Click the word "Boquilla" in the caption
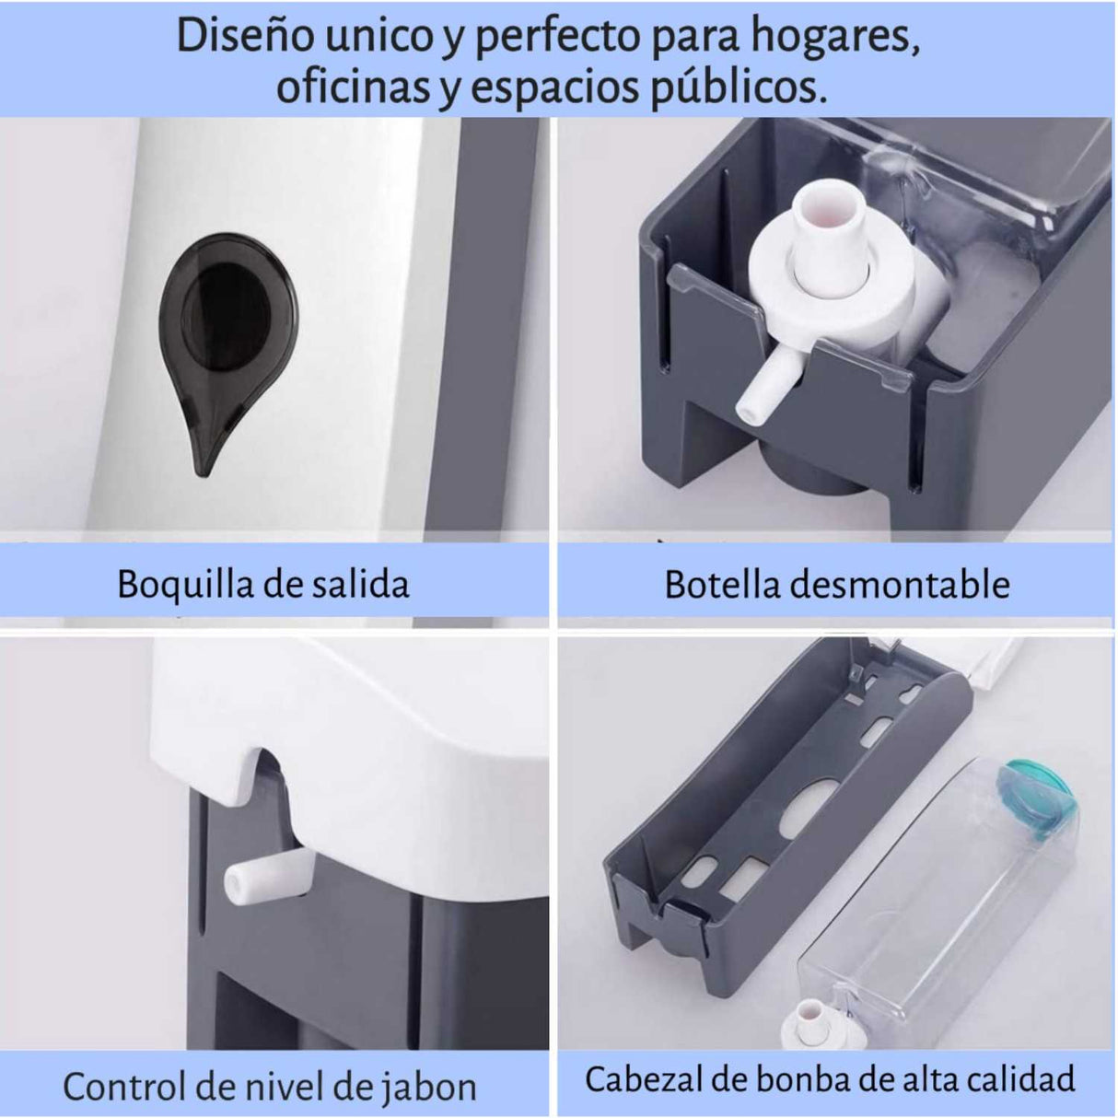(185, 585)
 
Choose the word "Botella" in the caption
(722, 584)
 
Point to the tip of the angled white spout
(748, 411)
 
